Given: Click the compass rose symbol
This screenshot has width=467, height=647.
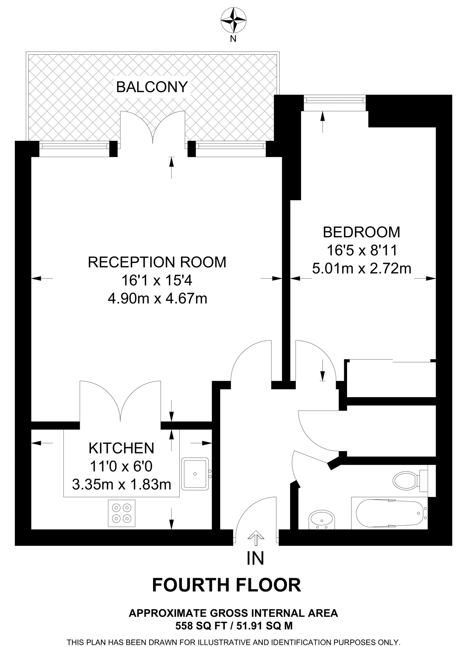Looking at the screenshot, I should coord(233,21).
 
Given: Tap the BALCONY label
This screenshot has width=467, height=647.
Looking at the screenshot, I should coord(152,87).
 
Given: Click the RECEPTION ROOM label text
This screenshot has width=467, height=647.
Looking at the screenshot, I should coord(157,262).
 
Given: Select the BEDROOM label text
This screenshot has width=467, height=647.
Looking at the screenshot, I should coord(361,232).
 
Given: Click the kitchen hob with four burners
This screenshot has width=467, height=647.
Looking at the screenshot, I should coord(122,513).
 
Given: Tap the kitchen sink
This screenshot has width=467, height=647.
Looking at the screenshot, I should coord(195,474).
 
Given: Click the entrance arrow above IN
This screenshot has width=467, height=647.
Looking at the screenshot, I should coord(255,538).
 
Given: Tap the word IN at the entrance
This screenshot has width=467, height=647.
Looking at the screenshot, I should coord(255,558).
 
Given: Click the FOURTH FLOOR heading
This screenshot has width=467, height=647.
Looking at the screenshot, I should coord(226,585).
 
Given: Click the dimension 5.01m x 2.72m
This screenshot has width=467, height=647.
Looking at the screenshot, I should coord(362,269).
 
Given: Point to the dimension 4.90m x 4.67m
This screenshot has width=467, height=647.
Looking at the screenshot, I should coord(157,299).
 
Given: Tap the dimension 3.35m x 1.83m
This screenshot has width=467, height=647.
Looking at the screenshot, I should coord(122,484).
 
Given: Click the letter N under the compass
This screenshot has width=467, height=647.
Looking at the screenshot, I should coord(233,39).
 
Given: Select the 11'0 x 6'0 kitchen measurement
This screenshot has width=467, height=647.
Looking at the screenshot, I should coord(121,466).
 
